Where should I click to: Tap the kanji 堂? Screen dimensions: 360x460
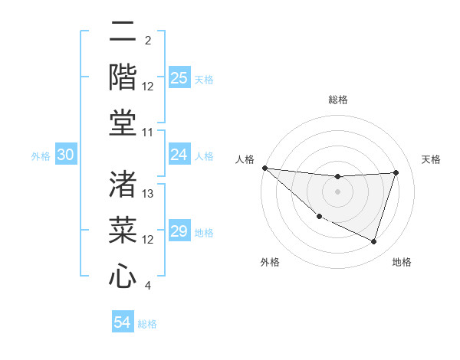pyautogui.click(x=123, y=123)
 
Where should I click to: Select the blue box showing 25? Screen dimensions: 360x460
pyautogui.click(x=179, y=78)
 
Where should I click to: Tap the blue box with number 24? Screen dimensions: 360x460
pyautogui.click(x=179, y=155)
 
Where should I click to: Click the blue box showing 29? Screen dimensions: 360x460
pyautogui.click(x=179, y=231)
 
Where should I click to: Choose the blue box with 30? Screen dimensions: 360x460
pyautogui.click(x=65, y=155)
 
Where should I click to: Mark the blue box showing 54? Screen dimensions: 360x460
pyautogui.click(x=122, y=322)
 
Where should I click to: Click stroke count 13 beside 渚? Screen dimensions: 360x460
pyautogui.click(x=149, y=194)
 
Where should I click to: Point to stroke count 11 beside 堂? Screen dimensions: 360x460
pyautogui.click(x=149, y=133)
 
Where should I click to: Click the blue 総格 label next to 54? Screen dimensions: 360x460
pyautogui.click(x=147, y=324)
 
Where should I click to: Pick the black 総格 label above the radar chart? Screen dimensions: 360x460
pyautogui.click(x=337, y=100)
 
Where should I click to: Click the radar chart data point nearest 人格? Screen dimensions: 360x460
pyautogui.click(x=264, y=168)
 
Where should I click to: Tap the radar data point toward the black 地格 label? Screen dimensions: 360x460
pyautogui.click(x=374, y=242)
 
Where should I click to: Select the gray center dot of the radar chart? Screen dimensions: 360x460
pyautogui.click(x=337, y=191)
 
